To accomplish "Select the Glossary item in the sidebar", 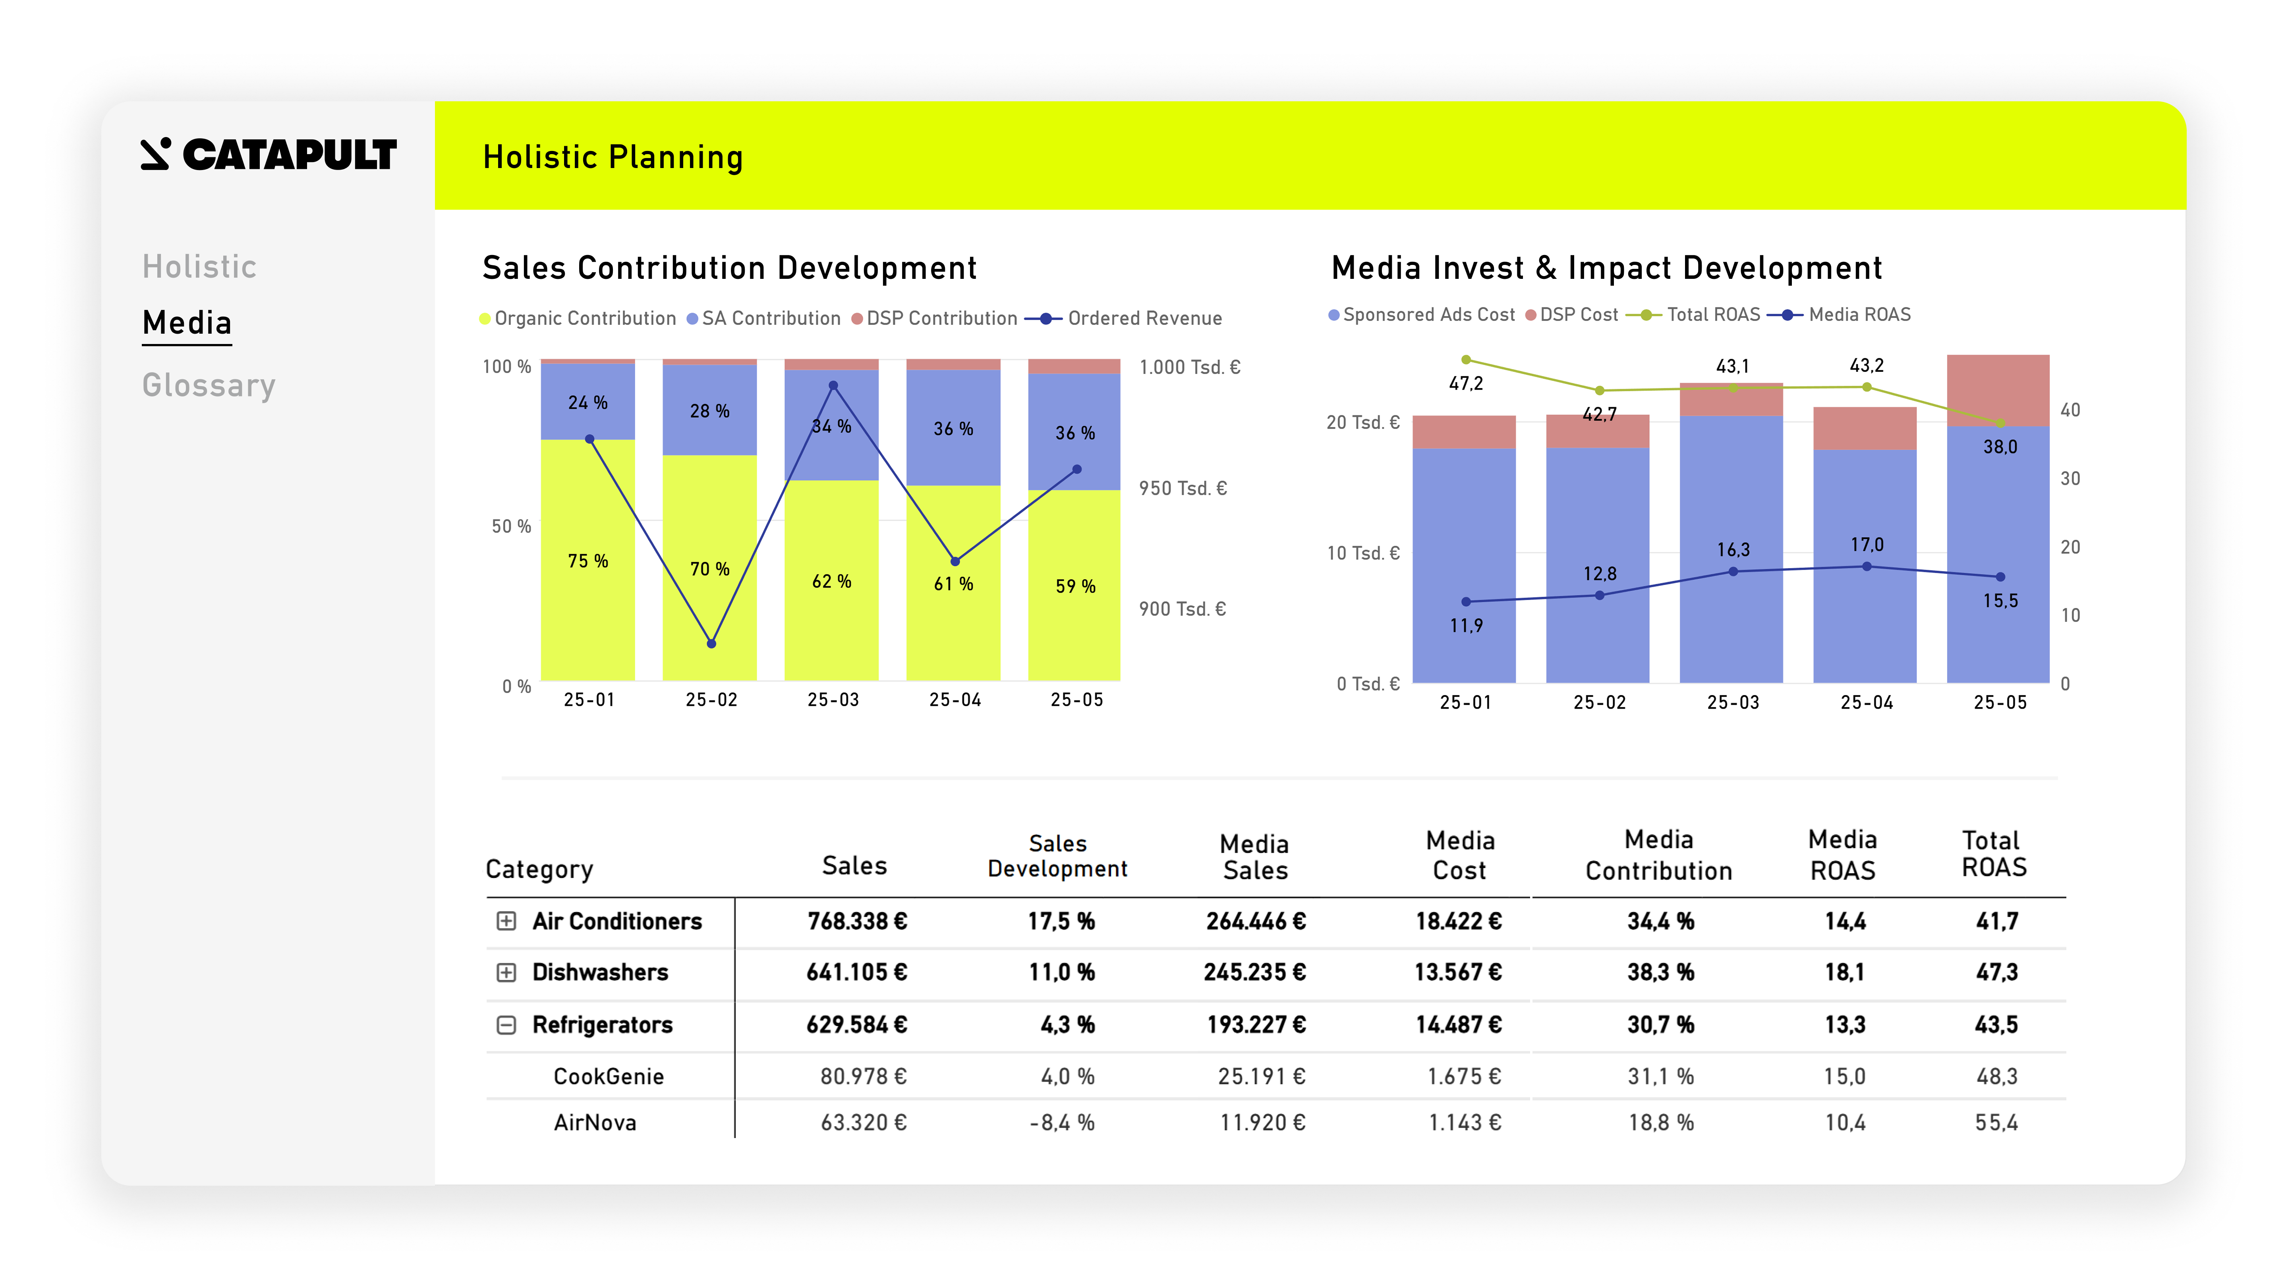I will click(x=209, y=385).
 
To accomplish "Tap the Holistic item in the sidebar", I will click(x=199, y=267).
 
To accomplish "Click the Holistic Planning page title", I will click(x=613, y=157).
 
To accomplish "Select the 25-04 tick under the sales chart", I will click(x=955, y=700).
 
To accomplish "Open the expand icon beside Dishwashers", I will click(x=506, y=972).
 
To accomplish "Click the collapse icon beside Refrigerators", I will click(x=506, y=1025).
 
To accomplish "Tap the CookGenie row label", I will click(x=609, y=1076).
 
